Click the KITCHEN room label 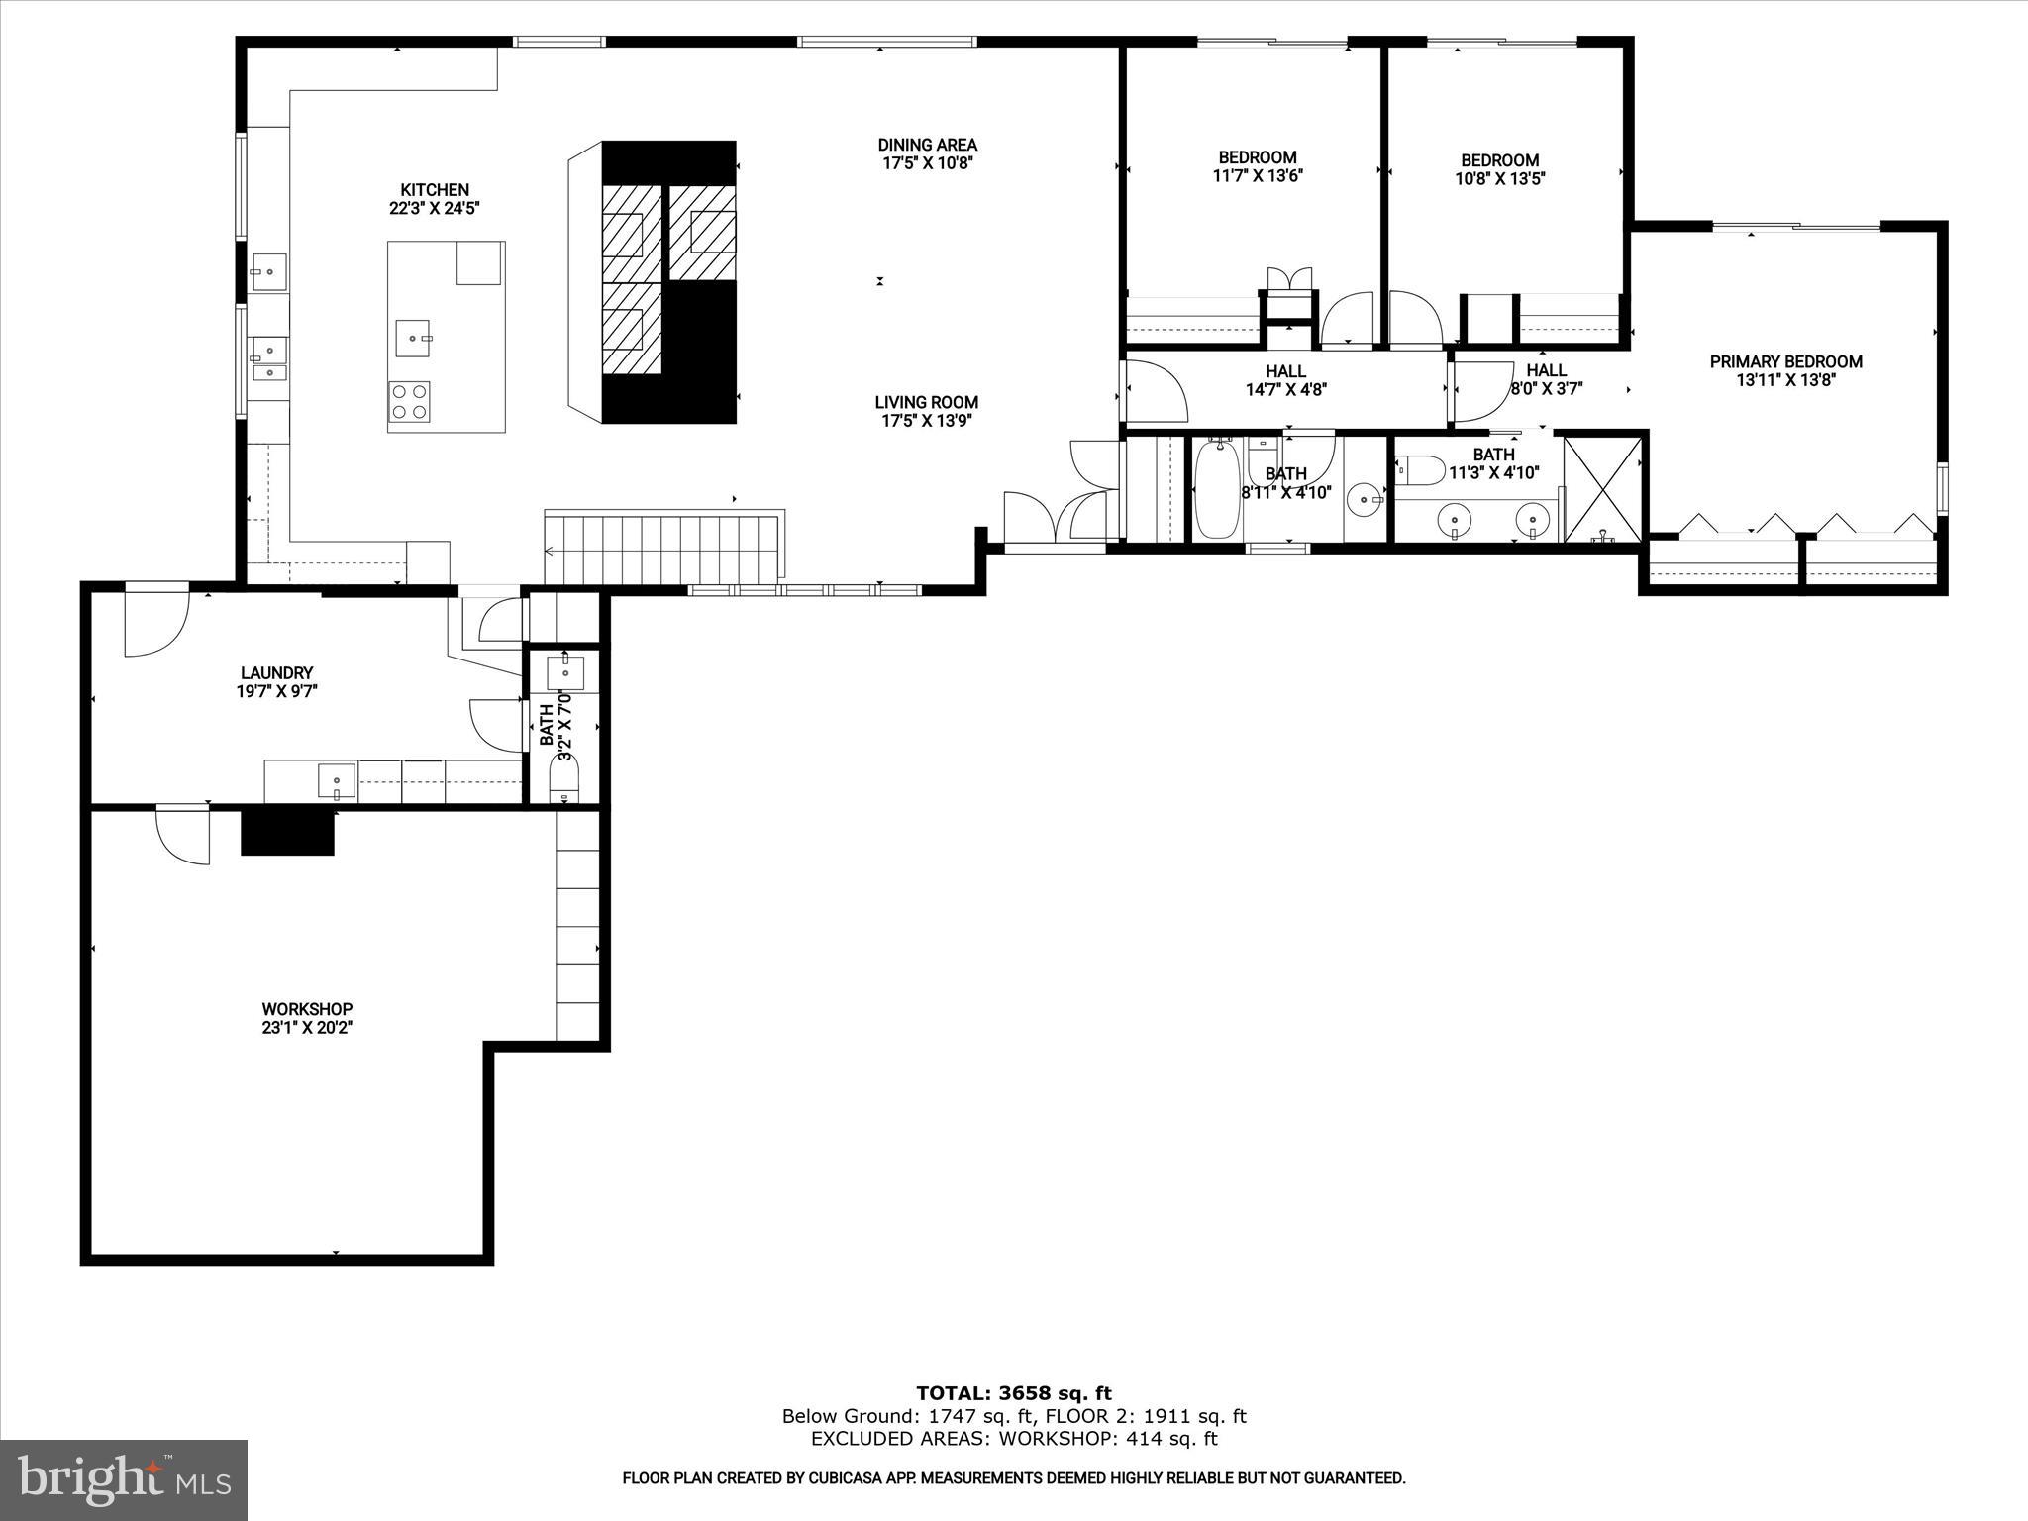[434, 189]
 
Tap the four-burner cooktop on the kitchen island [409, 402]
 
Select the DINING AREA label [927, 145]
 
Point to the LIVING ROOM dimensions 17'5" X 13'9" [927, 421]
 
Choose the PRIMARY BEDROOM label [1785, 361]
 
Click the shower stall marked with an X [1602, 488]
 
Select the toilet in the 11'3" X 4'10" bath [1420, 469]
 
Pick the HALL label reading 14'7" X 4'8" [1285, 380]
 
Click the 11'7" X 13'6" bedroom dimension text [1257, 176]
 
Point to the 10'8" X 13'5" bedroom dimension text [1499, 179]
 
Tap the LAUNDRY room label [276, 672]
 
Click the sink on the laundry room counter [337, 781]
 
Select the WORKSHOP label [307, 1009]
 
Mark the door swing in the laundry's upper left [155, 623]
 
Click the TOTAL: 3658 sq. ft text [1013, 1394]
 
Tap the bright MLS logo [124, 1480]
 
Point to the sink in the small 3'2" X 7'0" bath [565, 671]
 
